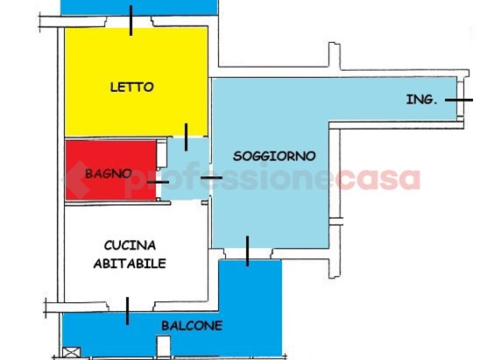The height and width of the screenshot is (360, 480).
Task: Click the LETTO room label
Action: point(131,88)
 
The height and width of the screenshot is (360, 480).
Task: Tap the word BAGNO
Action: point(109,173)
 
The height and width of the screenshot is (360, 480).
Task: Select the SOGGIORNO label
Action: point(274,156)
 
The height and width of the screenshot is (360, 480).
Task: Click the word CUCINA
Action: point(130,245)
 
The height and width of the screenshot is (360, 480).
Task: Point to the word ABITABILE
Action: point(130,264)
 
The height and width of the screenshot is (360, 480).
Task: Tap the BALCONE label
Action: point(192,326)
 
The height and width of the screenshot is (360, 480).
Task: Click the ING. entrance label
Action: point(421,100)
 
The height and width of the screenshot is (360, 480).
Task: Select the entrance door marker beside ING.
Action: point(459,100)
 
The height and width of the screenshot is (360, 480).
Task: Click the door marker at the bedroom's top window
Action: point(131,20)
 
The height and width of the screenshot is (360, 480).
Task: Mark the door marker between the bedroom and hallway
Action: point(186,138)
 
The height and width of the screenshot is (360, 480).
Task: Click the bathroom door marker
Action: point(158,182)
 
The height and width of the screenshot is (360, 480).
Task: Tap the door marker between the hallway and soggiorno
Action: point(211,178)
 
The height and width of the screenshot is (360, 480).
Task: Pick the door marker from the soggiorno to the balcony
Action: point(247,251)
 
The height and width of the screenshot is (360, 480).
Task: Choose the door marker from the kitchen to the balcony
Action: point(127,311)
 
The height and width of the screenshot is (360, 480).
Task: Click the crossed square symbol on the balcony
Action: point(71,352)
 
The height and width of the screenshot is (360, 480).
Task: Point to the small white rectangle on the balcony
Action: point(164,346)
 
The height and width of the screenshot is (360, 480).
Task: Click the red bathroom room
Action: point(111,170)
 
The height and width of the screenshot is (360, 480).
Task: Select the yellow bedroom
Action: point(137,81)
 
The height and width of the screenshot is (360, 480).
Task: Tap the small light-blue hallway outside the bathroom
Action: point(186,168)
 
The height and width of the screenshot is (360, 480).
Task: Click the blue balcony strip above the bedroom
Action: point(139,7)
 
